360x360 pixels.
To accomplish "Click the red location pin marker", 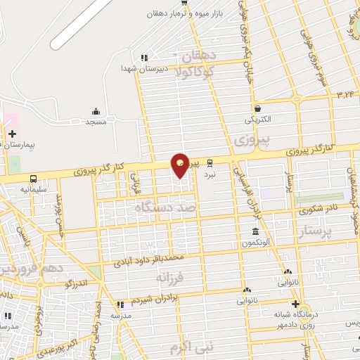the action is pos(181,165).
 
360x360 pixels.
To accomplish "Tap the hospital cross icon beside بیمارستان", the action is pos(12,133).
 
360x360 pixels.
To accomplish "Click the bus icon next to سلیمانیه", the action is pos(33,178).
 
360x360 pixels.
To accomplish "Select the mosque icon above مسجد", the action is pos(96,111).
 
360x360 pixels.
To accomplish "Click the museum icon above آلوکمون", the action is pos(255,232).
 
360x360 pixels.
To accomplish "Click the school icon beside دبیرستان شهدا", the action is pos(144,58).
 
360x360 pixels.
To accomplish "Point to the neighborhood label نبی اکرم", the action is pos(193,347).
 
